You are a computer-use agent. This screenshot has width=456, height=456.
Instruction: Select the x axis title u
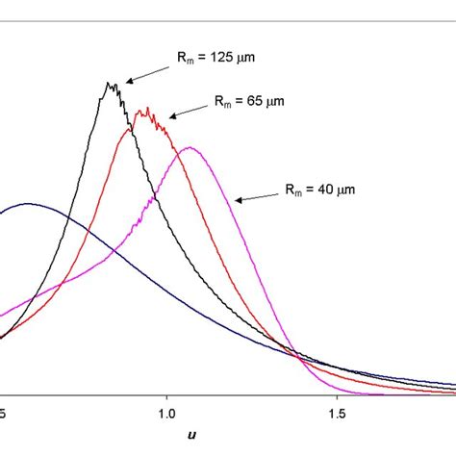[191, 436]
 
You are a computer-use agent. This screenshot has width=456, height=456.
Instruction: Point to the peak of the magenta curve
[190, 147]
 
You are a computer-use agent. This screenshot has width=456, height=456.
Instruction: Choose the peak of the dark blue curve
[29, 204]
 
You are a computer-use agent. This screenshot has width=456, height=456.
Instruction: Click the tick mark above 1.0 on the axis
[166, 393]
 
